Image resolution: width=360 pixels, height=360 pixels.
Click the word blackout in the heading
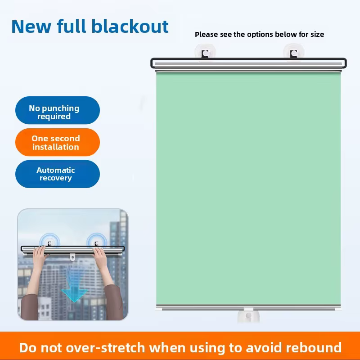pyautogui.click(x=130, y=26)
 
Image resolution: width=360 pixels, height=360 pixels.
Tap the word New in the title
pyautogui.click(x=31, y=27)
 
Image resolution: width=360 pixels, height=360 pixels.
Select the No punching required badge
pyautogui.click(x=58, y=110)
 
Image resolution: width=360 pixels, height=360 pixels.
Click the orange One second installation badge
pyautogui.click(x=58, y=142)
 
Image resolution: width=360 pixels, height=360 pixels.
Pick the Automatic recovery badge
pyautogui.click(x=58, y=174)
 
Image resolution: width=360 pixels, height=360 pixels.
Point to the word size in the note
pyautogui.click(x=317, y=35)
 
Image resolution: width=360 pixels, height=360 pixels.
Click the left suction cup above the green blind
pyautogui.click(x=205, y=52)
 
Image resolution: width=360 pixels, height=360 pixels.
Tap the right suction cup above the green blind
pyautogui.click(x=294, y=52)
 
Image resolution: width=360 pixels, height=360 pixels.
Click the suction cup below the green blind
pyautogui.click(x=248, y=316)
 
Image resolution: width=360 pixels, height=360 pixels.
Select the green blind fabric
pyautogui.click(x=248, y=188)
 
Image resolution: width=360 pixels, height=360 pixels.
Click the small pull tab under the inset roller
pyautogui.click(x=72, y=257)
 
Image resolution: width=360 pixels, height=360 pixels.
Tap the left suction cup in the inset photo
pyautogui.click(x=49, y=241)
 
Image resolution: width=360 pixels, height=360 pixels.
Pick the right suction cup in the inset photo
pyautogui.click(x=97, y=241)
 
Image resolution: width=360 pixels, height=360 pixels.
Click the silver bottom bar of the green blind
pyautogui.click(x=248, y=307)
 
